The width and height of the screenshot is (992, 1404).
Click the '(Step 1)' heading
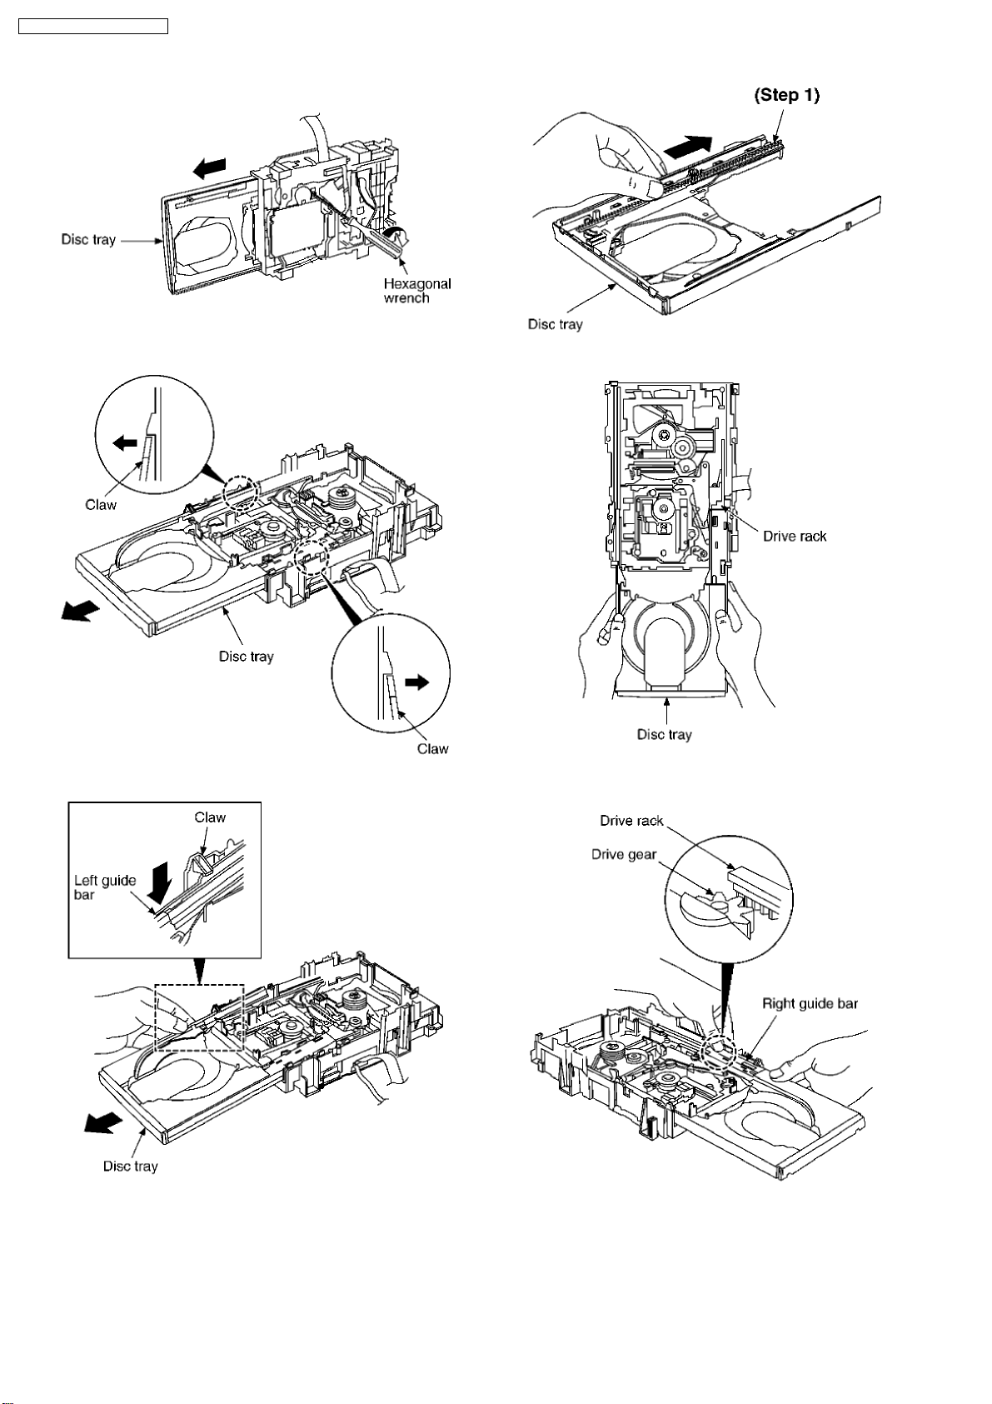pos(786,95)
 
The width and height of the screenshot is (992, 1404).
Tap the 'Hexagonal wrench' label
pos(416,291)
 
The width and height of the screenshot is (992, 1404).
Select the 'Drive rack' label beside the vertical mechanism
pos(795,536)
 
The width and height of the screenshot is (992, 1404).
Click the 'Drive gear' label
pos(624,854)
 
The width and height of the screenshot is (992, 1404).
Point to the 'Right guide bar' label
pos(810,1003)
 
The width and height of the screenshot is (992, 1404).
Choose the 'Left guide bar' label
pos(105,887)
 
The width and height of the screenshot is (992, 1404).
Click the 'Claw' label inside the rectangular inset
pos(210,817)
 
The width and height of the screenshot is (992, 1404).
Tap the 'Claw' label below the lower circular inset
pos(432,748)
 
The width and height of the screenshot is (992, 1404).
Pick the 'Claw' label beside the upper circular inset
pos(101,504)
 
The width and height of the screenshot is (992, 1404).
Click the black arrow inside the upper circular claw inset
pos(125,443)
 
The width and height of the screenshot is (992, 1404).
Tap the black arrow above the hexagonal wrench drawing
pos(209,169)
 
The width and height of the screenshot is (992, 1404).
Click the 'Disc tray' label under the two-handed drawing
pos(664,734)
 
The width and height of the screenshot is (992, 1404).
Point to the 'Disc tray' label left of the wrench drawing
pos(88,240)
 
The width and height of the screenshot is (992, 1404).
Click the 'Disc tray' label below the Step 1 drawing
pos(555,324)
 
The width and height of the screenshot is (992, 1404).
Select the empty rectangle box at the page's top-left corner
pos(93,27)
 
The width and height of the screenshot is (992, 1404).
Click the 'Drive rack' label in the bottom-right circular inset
pos(631,821)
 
